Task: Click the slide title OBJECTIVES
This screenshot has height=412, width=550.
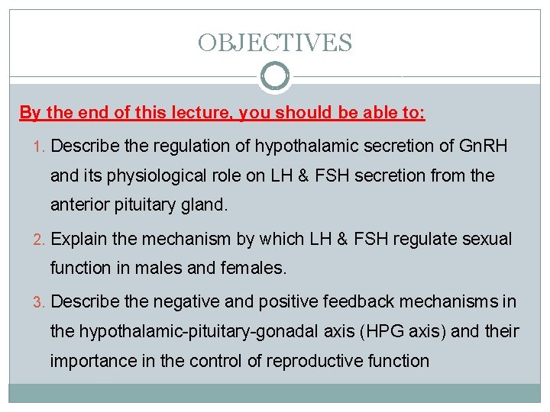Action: click(x=275, y=42)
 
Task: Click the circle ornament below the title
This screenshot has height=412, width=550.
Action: click(x=275, y=77)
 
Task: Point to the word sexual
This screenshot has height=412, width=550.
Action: click(x=485, y=239)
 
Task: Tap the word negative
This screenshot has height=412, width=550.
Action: click(x=184, y=301)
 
